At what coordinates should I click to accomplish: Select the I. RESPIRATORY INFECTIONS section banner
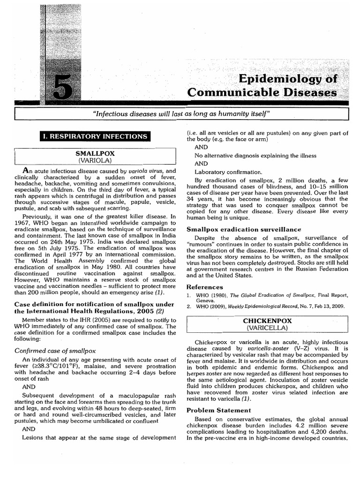[96, 136]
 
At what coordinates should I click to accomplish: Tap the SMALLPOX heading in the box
[95, 153]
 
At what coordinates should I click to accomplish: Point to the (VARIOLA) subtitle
[95, 160]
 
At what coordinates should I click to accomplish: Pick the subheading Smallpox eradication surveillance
[244, 229]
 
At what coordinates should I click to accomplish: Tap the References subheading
[205, 286]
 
